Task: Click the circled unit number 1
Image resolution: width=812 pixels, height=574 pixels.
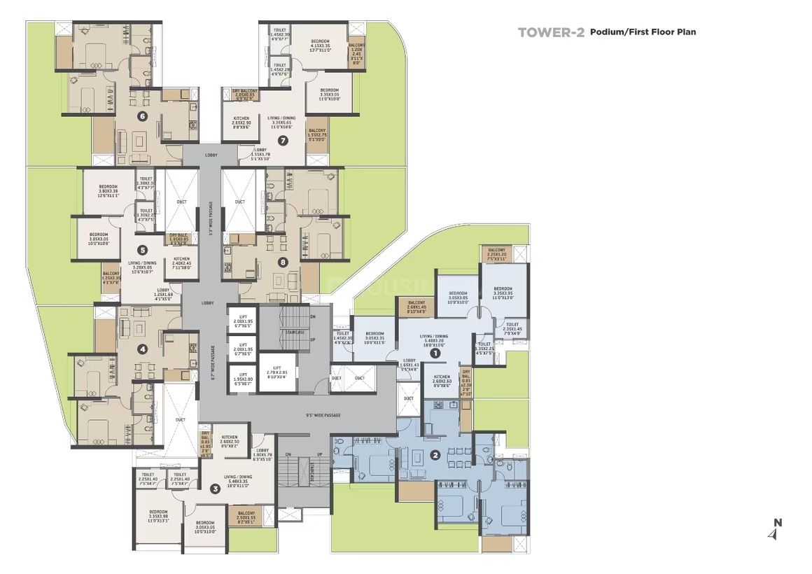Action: click(435, 353)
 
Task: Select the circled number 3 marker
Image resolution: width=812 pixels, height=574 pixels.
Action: click(216, 489)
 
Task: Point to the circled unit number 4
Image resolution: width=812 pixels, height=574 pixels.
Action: click(143, 349)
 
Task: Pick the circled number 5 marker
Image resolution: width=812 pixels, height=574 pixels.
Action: click(143, 249)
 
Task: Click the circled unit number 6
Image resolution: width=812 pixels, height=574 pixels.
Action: click(143, 116)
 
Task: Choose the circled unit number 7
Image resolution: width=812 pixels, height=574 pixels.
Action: click(283, 140)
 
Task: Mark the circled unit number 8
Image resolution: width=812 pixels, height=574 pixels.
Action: click(283, 262)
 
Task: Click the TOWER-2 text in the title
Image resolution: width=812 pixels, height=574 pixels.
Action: click(551, 32)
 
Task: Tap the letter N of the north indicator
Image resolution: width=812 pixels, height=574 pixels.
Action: click(777, 522)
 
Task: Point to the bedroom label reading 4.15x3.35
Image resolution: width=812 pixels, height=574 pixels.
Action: click(325, 45)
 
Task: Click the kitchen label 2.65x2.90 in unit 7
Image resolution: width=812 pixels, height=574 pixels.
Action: click(241, 123)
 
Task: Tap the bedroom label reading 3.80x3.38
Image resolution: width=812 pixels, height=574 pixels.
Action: click(108, 190)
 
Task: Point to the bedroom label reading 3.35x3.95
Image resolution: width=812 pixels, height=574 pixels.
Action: click(503, 293)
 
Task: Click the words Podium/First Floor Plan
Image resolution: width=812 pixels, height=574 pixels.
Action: click(643, 32)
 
